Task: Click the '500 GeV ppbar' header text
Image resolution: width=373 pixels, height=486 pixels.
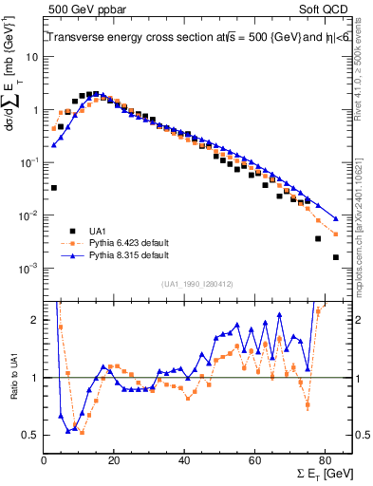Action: [81, 9]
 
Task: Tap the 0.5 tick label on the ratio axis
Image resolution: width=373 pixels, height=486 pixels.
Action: [30, 436]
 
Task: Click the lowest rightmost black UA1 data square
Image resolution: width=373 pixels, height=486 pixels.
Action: [336, 257]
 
